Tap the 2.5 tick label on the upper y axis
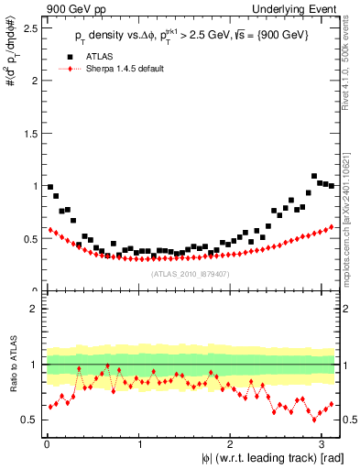(x=29, y=27)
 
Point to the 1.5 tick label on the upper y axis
(x=29, y=133)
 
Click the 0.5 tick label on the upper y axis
(x=29, y=238)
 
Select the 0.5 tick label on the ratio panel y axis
(x=29, y=420)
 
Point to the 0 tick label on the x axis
(x=45, y=444)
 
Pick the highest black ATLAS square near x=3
(x=314, y=176)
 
